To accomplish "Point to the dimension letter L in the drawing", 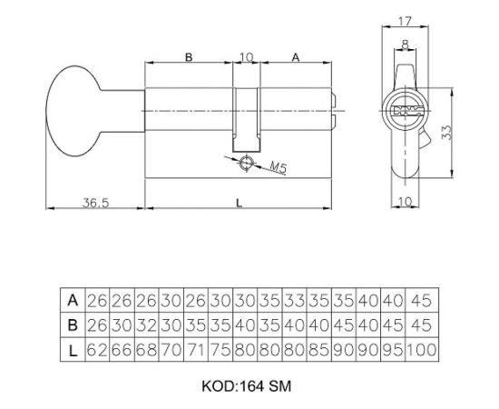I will [x=238, y=204].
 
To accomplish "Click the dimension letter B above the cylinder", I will [x=189, y=57].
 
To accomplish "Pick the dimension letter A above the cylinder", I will [x=297, y=57].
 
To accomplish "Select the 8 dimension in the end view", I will [x=405, y=40].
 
